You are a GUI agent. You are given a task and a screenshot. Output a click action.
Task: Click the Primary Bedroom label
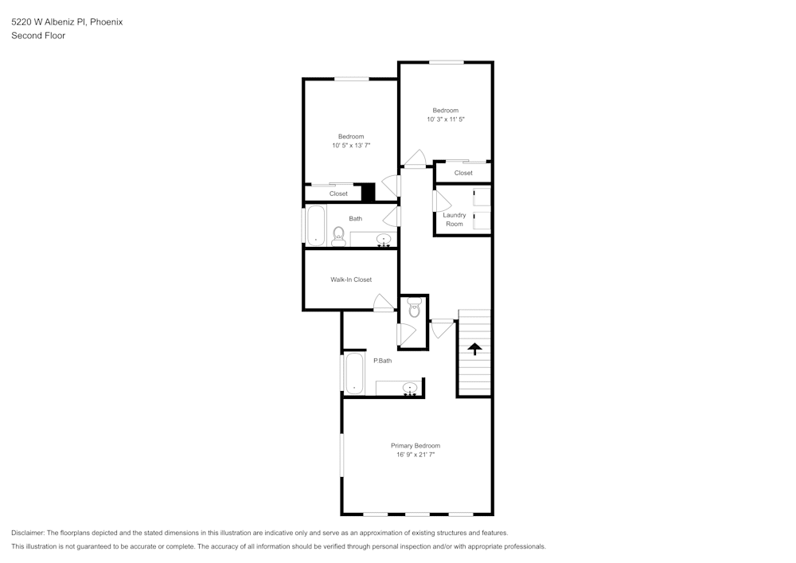tap(415, 445)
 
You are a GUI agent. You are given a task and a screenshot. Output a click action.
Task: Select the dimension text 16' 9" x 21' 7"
tap(415, 455)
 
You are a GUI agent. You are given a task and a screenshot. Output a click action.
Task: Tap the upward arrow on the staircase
tap(474, 348)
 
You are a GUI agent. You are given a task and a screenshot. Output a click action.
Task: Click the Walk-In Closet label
tap(351, 280)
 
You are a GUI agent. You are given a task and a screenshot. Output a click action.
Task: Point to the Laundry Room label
tap(455, 220)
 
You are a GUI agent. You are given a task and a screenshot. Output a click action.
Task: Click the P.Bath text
tap(382, 361)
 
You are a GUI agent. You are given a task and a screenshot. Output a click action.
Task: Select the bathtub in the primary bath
tap(353, 373)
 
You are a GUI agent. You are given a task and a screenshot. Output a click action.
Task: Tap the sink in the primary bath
tap(410, 389)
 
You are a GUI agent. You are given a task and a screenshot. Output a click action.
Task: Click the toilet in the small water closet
tap(414, 308)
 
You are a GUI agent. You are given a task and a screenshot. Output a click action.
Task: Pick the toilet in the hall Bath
tap(338, 234)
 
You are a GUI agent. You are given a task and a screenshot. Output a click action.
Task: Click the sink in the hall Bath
tap(384, 239)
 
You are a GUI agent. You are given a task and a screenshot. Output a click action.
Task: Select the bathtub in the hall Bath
tap(316, 225)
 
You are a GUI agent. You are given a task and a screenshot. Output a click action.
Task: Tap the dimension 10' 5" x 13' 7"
tap(351, 146)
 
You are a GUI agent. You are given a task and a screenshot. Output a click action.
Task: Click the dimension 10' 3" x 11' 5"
tap(445, 119)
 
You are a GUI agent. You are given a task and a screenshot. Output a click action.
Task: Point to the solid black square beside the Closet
tap(368, 193)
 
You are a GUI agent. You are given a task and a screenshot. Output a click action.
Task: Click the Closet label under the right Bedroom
tap(463, 173)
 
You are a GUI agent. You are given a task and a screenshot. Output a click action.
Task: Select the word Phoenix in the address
tap(106, 22)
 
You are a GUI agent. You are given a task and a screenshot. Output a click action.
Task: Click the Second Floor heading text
tap(38, 36)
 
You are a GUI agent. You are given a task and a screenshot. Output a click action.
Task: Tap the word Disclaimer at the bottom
tap(28, 533)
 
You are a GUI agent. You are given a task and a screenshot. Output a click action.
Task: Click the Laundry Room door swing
tap(437, 201)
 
